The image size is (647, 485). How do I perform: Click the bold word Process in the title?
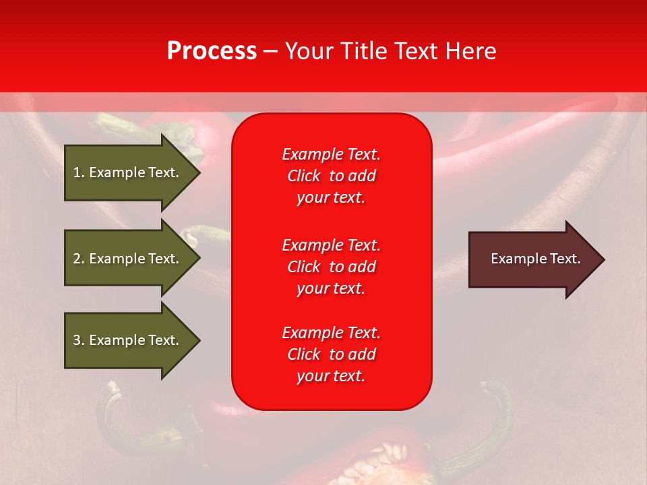click(212, 51)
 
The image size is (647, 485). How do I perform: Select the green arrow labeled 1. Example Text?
click(126, 172)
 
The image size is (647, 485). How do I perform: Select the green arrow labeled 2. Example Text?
click(126, 259)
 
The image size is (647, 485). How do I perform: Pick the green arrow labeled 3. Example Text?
click(126, 340)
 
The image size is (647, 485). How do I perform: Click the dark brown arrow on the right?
click(526, 259)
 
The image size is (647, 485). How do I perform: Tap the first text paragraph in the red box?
click(331, 176)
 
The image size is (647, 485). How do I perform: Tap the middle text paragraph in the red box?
click(331, 267)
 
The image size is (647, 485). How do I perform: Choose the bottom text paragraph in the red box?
click(331, 354)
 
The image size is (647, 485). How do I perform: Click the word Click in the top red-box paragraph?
click(303, 176)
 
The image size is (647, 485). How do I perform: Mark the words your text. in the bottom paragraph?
click(331, 377)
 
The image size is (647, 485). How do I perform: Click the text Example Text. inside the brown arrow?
click(535, 259)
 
